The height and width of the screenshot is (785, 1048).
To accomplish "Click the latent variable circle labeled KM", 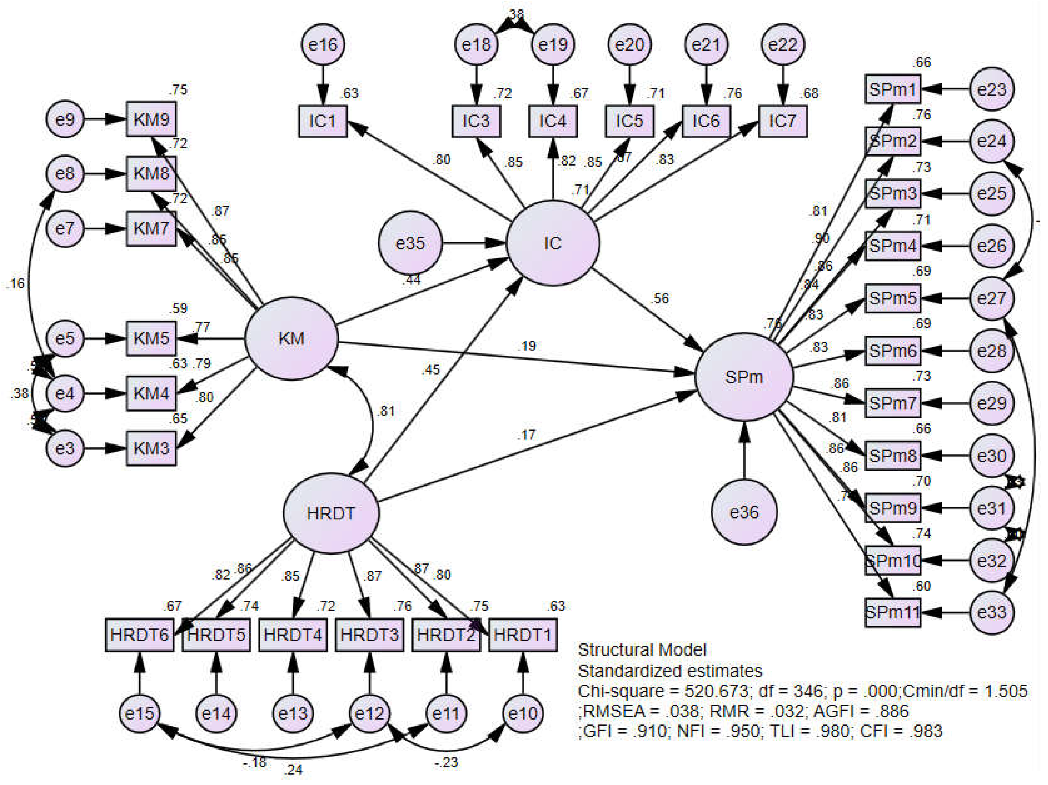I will pos(291,338).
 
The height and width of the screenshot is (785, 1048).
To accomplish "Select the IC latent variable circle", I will pos(552,243).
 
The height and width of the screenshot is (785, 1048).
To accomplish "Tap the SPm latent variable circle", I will pos(743,377).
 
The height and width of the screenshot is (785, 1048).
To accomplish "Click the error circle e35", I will pos(410,243).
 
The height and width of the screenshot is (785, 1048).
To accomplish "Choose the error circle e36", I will pos(743,512).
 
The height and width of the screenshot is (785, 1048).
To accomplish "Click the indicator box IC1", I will pos(323,121).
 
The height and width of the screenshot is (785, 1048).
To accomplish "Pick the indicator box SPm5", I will pos(892,298).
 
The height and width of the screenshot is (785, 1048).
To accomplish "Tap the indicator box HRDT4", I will pos(293,634).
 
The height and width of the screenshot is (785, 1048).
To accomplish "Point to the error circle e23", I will pos(992,89).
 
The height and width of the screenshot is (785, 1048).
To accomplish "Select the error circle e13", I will pos(293,713).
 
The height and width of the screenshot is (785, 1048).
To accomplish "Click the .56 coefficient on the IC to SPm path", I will pos(660,298).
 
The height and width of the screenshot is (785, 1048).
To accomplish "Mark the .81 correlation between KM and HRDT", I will pos(386,411).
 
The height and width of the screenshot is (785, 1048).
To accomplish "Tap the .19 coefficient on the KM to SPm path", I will pos(527,346).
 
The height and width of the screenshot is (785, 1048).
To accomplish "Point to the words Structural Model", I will pos(642,649).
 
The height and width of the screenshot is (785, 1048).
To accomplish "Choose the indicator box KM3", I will pos(151,448).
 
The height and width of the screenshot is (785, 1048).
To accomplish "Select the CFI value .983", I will pos(925,731).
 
